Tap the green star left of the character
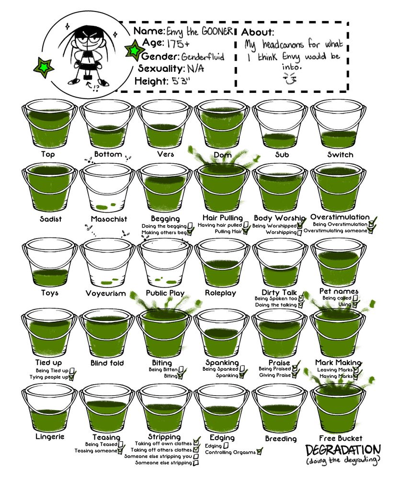(44, 67)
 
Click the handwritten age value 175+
(178, 44)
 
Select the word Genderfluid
(203, 57)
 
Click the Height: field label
(151, 81)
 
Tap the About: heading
(258, 32)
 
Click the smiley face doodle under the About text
(289, 79)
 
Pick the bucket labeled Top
(49, 124)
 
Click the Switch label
(340, 155)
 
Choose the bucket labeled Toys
(50, 262)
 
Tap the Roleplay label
(221, 293)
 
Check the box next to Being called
(355, 298)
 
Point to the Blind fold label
(107, 363)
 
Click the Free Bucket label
(341, 438)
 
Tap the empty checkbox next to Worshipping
(299, 233)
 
